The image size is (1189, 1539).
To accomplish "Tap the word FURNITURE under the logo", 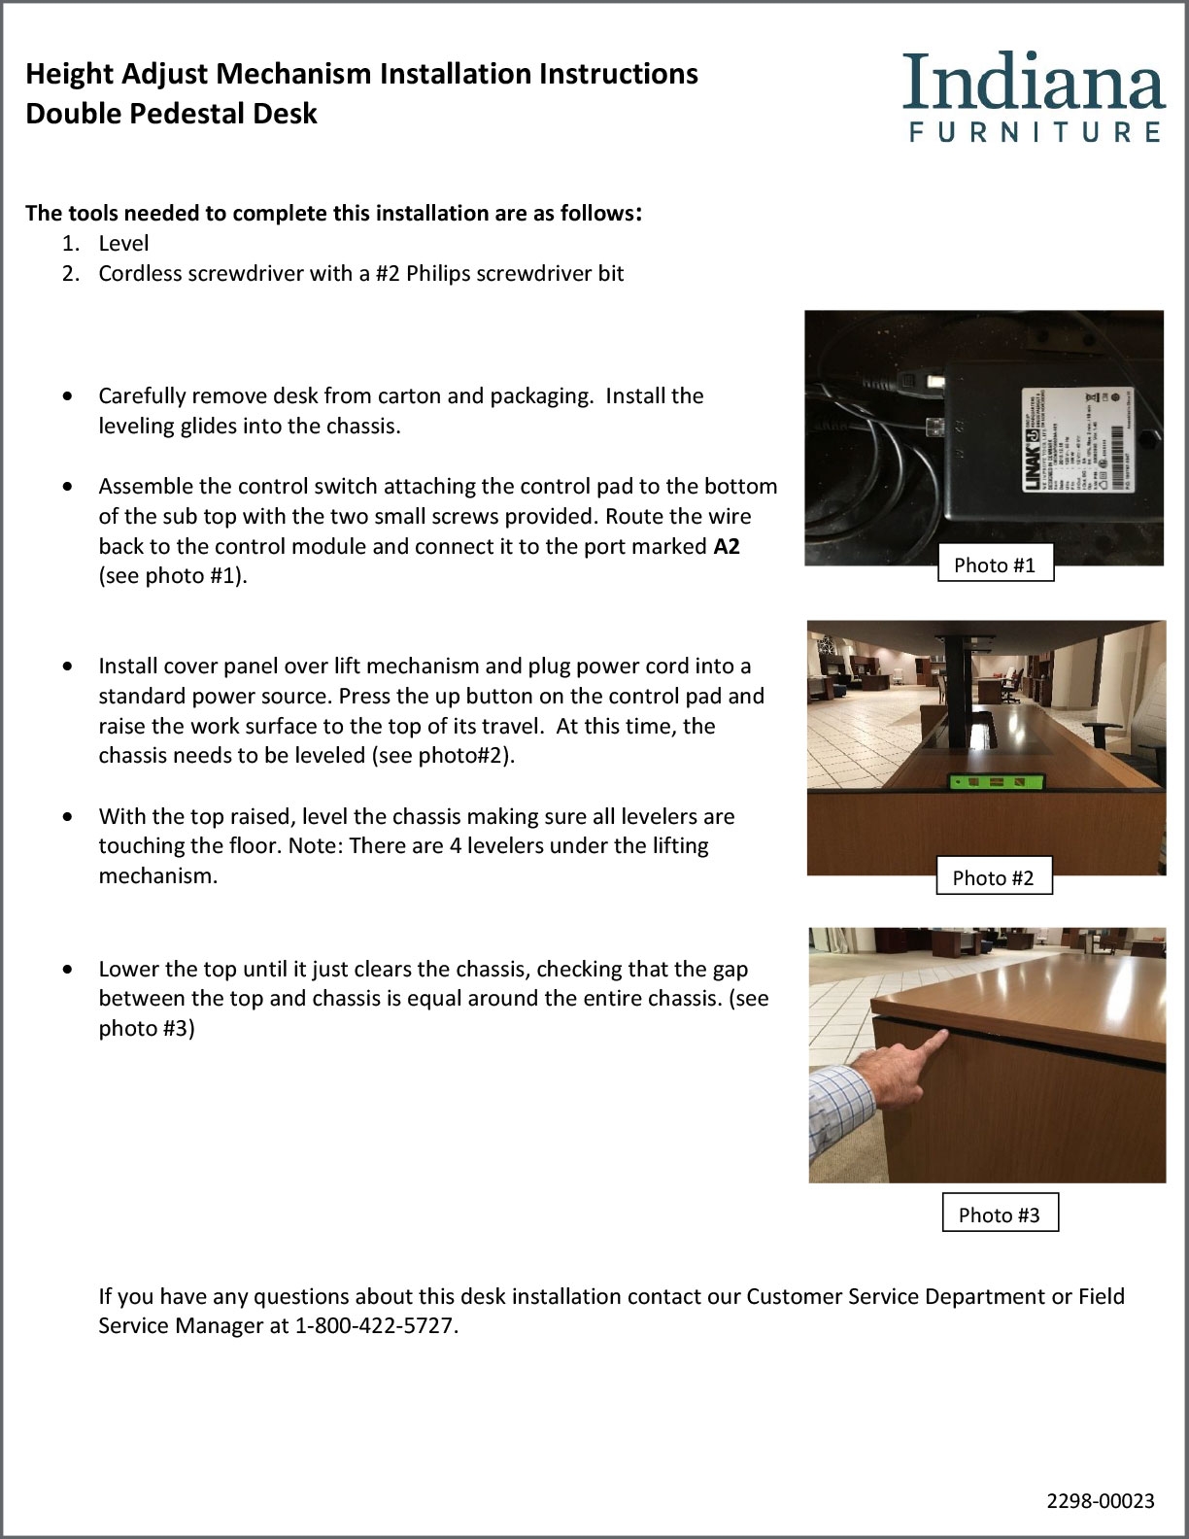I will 1036,132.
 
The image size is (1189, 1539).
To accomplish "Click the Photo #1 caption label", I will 995,565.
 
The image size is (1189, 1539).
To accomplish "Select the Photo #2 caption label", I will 993,878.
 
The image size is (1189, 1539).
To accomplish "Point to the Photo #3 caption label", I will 999,1214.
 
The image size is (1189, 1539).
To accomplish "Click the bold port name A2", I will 727,546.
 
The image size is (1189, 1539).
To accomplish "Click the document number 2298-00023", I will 1101,1501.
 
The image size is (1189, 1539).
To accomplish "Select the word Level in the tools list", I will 123,243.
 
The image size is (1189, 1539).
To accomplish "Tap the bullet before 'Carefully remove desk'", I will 66,396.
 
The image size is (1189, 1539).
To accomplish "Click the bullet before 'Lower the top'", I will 66,970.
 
